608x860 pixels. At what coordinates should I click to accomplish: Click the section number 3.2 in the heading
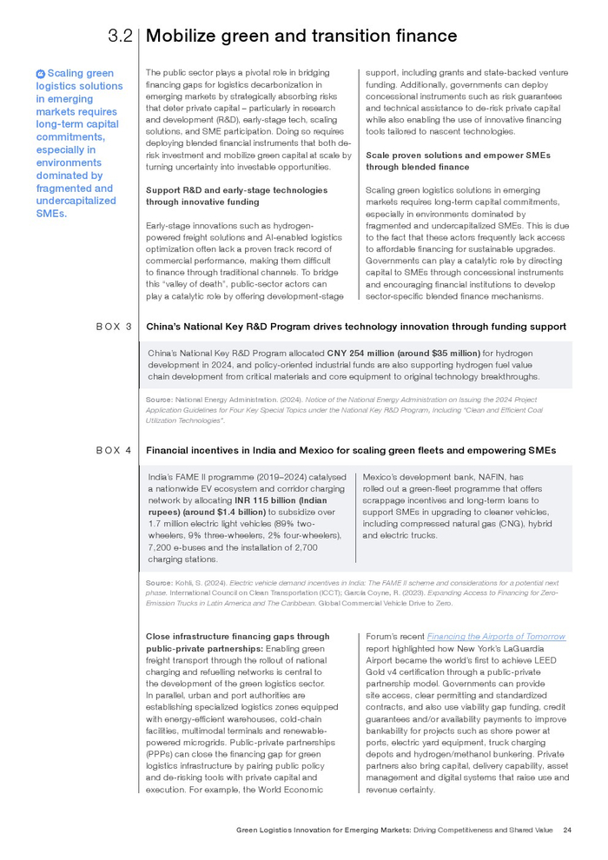click(x=119, y=36)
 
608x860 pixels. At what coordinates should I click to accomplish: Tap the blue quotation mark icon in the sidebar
click(x=40, y=74)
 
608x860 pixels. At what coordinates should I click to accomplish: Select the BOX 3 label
click(x=114, y=327)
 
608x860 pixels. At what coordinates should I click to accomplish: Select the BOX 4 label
click(x=114, y=451)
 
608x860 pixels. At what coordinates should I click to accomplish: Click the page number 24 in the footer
click(x=566, y=830)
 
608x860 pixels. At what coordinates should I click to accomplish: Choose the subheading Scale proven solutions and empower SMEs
click(x=457, y=155)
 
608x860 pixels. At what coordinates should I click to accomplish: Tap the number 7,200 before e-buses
click(x=162, y=547)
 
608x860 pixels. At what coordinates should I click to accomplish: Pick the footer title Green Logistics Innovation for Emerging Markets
click(x=323, y=830)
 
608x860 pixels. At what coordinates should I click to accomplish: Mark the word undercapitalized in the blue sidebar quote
click(x=76, y=201)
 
